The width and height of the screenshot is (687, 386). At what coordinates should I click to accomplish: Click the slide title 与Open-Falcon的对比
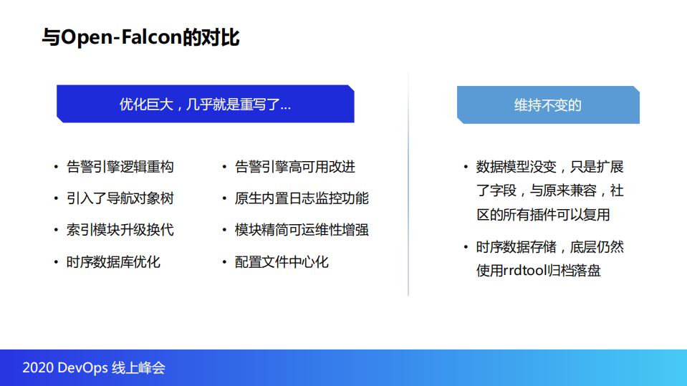(x=140, y=37)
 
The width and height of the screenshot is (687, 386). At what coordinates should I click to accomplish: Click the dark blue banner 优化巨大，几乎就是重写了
(x=205, y=105)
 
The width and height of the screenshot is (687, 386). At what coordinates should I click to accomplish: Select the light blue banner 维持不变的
(x=548, y=105)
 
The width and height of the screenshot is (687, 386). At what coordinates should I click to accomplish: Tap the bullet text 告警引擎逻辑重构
(x=120, y=167)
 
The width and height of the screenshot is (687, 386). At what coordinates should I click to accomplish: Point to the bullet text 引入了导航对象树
(x=120, y=198)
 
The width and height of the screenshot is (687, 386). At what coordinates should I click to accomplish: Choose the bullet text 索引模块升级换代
(x=120, y=230)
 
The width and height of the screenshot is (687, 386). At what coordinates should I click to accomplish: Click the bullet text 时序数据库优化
(x=113, y=261)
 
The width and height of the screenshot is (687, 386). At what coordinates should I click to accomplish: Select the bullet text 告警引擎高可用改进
(x=294, y=167)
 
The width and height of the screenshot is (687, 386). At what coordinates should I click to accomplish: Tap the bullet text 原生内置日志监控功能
(x=302, y=198)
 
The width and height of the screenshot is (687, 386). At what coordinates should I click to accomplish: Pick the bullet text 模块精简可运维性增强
(x=302, y=230)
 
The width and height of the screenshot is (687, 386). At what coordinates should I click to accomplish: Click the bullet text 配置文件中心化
(x=282, y=261)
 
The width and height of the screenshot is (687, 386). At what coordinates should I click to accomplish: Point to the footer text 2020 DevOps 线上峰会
(x=94, y=368)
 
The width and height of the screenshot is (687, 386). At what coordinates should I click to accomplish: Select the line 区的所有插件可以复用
(x=543, y=214)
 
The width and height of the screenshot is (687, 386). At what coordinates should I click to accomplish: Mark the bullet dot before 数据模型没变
(x=466, y=168)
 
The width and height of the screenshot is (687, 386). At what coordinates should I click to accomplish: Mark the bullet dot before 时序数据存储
(x=466, y=248)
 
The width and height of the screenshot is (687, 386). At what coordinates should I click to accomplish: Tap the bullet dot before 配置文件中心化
(x=225, y=262)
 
